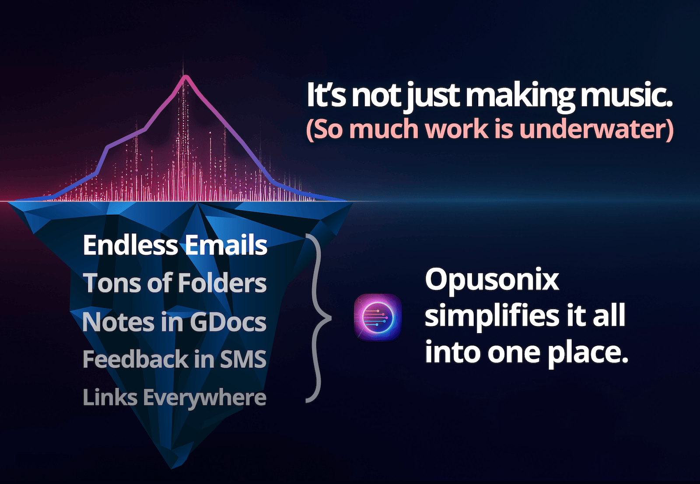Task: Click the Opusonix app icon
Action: pyautogui.click(x=378, y=317)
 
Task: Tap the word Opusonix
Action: pyautogui.click(x=492, y=280)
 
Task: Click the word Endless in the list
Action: pyautogui.click(x=131, y=245)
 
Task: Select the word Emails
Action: pyautogui.click(x=226, y=245)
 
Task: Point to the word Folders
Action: pyautogui.click(x=222, y=283)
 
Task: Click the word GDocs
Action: pyautogui.click(x=228, y=322)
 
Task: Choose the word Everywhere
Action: pyautogui.click(x=204, y=398)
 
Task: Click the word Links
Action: pyautogui.click(x=110, y=397)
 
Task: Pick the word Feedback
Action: pyautogui.click(x=135, y=359)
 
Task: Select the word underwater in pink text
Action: pyautogui.click(x=592, y=129)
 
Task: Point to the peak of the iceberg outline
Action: pyautogui.click(x=185, y=76)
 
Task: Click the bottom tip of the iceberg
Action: pyautogui.click(x=171, y=468)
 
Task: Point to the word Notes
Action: pyautogui.click(x=118, y=322)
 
